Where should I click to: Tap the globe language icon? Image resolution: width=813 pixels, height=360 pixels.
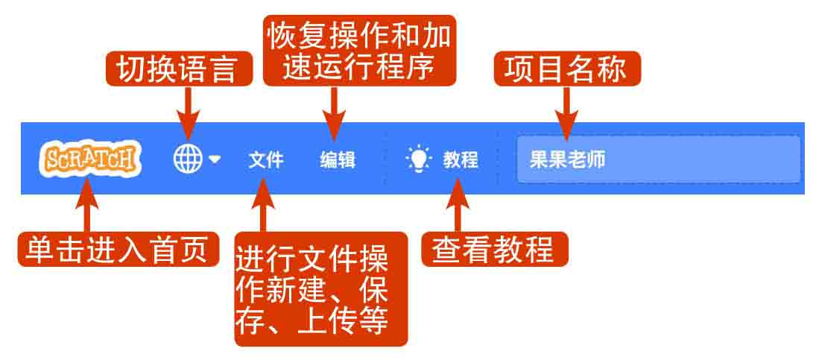tap(188, 158)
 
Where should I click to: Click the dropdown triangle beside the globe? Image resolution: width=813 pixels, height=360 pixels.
tap(215, 160)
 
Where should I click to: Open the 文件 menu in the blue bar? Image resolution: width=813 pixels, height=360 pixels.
tap(265, 160)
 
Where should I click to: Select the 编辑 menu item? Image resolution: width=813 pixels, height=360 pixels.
tap(338, 160)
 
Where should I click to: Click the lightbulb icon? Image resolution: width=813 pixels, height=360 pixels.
tap(419, 159)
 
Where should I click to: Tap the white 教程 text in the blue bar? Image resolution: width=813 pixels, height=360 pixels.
tap(461, 160)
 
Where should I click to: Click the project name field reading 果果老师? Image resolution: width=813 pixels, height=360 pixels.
tap(659, 160)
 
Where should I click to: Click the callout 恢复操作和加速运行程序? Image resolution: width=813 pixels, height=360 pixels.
tap(359, 51)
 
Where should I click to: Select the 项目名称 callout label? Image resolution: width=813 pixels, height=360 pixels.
tap(566, 69)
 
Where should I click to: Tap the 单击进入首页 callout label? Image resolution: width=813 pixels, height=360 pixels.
tap(118, 249)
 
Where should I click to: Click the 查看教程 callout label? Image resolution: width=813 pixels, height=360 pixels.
tap(495, 249)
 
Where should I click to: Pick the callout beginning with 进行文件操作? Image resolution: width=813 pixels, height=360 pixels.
tap(321, 289)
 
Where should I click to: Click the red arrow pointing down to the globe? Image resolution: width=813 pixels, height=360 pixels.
tap(188, 113)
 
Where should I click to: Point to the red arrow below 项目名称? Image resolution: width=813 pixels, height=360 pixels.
tap(566, 113)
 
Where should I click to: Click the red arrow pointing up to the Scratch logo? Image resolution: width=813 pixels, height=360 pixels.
tap(86, 206)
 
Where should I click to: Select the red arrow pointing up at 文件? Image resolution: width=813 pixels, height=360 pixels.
tap(263, 206)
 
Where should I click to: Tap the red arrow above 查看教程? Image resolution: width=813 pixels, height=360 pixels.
tap(458, 206)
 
